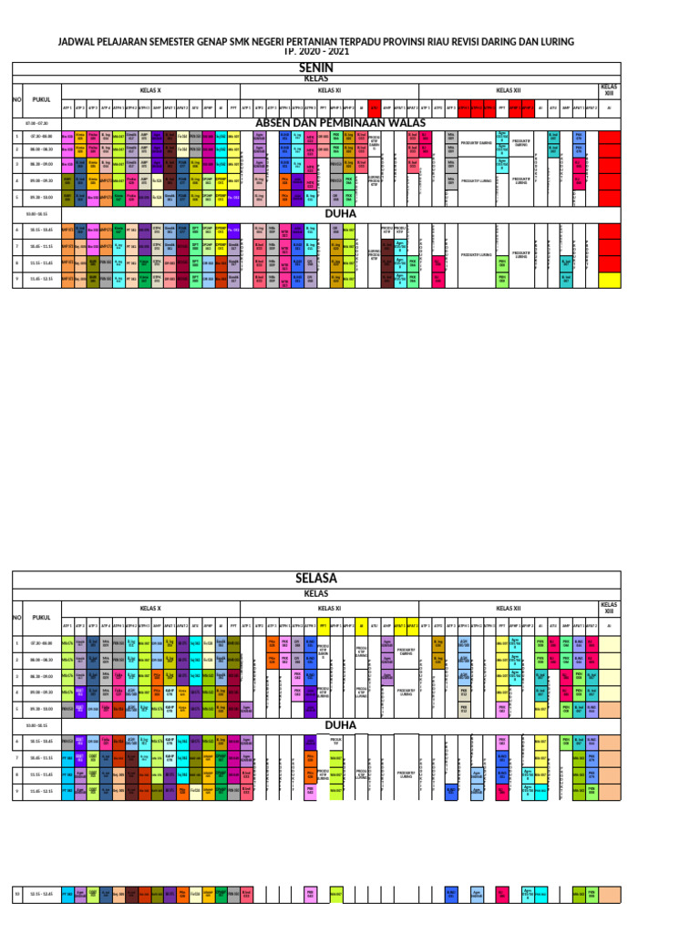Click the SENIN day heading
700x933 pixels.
tap(316, 67)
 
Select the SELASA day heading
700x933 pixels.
tap(316, 579)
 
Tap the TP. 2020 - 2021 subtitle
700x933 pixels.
tap(316, 52)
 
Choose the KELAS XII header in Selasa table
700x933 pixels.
tap(507, 608)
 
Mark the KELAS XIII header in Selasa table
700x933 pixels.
tap(608, 606)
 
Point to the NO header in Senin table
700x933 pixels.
tap(16, 98)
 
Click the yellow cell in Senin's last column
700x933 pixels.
tap(608, 281)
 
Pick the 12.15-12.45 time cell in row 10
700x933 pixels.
tap(42, 895)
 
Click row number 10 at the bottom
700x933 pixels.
tap(16, 895)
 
